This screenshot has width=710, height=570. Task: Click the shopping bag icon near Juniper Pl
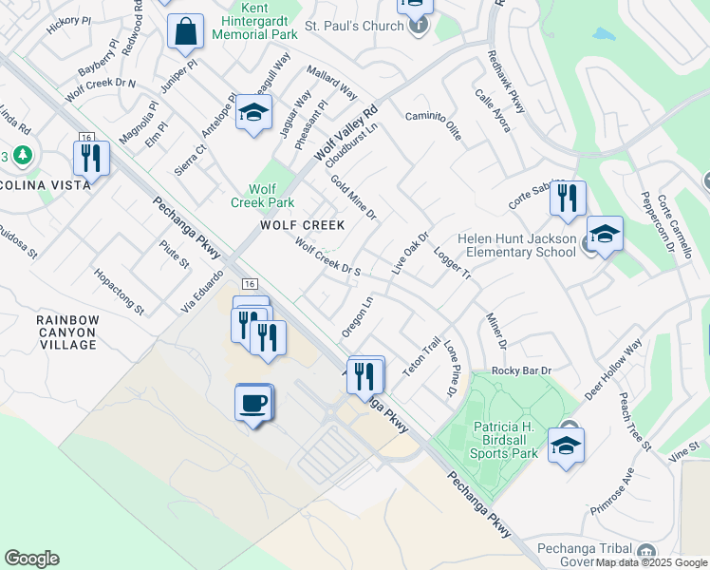pyautogui.click(x=186, y=32)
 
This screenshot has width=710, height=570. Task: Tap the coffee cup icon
pyautogui.click(x=253, y=403)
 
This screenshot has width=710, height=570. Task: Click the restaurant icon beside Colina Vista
pyautogui.click(x=91, y=158)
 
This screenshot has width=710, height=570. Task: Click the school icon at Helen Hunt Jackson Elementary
pyautogui.click(x=605, y=234)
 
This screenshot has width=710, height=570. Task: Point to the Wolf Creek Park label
pyautogui.click(x=263, y=196)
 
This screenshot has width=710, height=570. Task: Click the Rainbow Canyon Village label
pyautogui.click(x=67, y=332)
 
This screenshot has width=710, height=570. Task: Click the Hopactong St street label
pyautogui.click(x=119, y=291)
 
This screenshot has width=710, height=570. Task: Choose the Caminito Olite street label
pyautogui.click(x=434, y=125)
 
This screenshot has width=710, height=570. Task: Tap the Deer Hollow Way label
pyautogui.click(x=613, y=370)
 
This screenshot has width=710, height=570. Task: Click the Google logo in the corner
pyautogui.click(x=31, y=559)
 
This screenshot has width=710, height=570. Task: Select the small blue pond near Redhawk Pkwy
pyautogui.click(x=604, y=35)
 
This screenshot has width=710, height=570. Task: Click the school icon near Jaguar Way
pyautogui.click(x=253, y=114)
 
